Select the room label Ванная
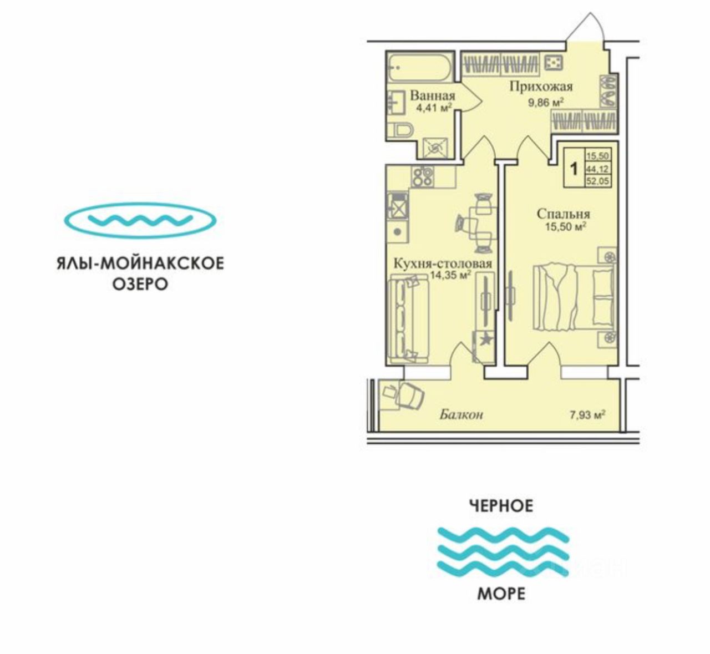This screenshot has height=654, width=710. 432,95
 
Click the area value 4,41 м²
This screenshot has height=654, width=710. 434,107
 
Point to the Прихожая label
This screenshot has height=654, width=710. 541,87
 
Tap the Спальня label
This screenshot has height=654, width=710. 563,214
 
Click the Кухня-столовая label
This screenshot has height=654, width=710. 442,263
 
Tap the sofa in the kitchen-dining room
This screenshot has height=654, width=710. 403,320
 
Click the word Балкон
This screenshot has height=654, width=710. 461,414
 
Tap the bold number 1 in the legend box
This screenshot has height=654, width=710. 575,168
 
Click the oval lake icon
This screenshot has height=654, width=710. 140,220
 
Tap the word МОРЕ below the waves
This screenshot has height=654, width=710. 501,594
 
